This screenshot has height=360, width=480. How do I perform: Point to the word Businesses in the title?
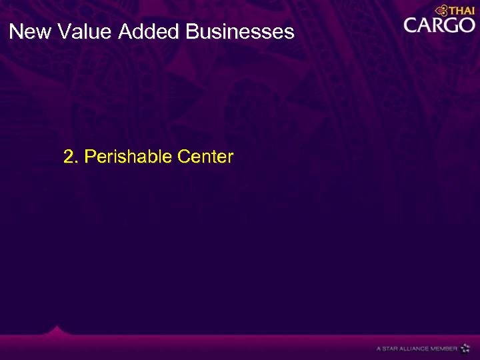tap(241, 31)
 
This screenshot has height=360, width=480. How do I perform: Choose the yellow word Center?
tap(206, 157)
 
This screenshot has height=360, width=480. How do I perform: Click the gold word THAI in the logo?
tap(462, 11)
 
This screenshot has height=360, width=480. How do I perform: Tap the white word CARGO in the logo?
tap(439, 26)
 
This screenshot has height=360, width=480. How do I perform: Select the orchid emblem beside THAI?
tap(441, 10)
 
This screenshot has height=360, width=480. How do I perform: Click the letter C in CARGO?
tap(412, 26)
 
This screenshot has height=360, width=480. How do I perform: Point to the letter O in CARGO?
tap(466, 26)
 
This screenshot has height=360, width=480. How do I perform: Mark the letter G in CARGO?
tap(452, 26)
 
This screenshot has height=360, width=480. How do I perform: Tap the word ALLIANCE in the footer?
tap(414, 349)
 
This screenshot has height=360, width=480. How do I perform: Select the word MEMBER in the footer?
tap(444, 349)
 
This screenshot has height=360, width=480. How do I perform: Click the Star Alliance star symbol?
tap(465, 348)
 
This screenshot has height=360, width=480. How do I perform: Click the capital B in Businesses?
tap(193, 31)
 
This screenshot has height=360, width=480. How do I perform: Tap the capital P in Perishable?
tap(91, 157)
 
